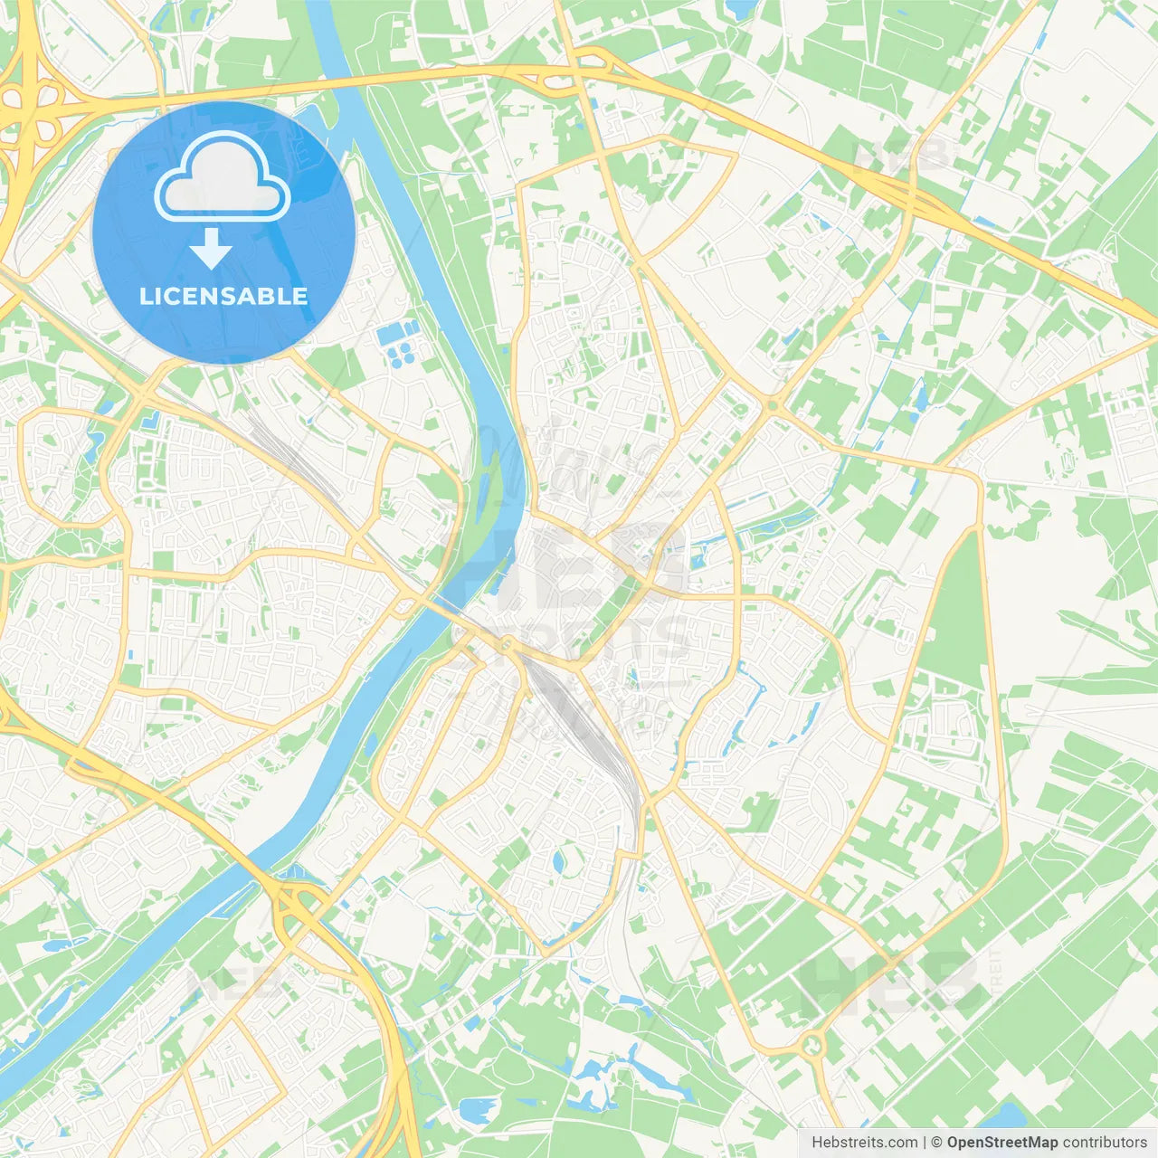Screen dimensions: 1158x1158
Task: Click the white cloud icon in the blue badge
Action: [x=223, y=177]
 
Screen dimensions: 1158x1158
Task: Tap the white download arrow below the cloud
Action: [x=211, y=249]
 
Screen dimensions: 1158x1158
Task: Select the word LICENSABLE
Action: [x=223, y=296]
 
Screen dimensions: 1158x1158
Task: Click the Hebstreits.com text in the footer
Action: [x=864, y=1143]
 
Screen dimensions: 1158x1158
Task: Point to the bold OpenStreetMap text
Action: [x=1002, y=1143]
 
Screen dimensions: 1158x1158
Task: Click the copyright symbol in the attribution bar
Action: [x=937, y=1143]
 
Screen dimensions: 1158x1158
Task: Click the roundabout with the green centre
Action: [x=812, y=1047]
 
